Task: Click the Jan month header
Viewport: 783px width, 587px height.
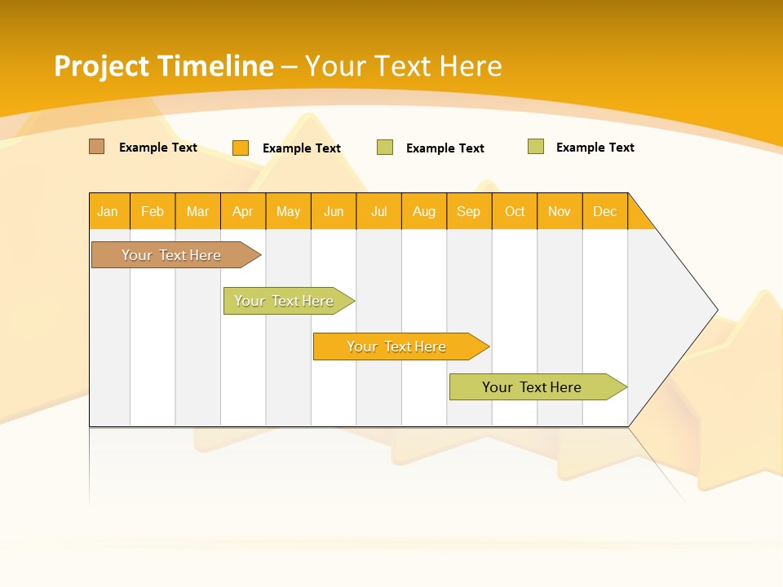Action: click(x=108, y=211)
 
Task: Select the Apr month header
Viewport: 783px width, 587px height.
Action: click(x=243, y=211)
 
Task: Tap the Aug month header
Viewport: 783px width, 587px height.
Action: click(x=424, y=211)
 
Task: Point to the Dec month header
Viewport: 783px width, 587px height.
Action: click(x=604, y=211)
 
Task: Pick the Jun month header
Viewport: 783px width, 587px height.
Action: click(x=334, y=211)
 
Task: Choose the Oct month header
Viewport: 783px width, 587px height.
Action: click(x=515, y=211)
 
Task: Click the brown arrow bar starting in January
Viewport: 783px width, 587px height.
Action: click(x=171, y=255)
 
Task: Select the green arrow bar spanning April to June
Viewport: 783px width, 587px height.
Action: click(x=284, y=301)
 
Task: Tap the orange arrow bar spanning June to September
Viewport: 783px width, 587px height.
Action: click(x=396, y=346)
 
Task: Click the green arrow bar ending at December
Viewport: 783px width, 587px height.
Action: click(x=532, y=387)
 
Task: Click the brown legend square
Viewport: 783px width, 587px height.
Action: click(x=97, y=147)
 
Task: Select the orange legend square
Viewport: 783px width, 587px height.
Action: click(x=241, y=148)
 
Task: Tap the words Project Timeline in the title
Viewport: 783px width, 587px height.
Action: click(x=163, y=66)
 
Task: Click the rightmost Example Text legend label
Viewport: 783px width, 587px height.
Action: click(x=595, y=148)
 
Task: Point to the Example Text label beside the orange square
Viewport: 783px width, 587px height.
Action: click(x=301, y=148)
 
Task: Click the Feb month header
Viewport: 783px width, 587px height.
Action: click(x=153, y=211)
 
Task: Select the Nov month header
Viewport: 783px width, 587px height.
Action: click(x=560, y=211)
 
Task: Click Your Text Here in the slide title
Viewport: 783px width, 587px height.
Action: click(x=404, y=66)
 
